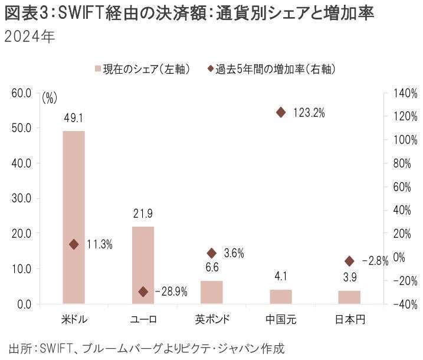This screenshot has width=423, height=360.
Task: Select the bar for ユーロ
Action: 143,265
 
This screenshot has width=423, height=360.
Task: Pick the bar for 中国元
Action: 281,296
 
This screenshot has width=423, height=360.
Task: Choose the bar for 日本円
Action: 349,297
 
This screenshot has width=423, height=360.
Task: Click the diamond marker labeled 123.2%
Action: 281,112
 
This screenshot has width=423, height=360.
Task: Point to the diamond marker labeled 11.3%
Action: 74,244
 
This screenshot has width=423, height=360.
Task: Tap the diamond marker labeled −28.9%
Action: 143,292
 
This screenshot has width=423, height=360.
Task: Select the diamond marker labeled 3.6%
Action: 212,253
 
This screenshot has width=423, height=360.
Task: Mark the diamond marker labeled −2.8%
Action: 349,261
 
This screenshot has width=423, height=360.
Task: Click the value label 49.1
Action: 74,118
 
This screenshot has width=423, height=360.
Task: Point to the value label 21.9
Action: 143,214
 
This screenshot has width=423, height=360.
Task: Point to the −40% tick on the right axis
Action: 405,304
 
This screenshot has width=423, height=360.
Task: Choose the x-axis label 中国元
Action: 281,319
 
